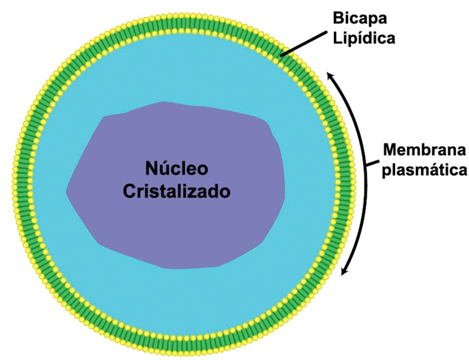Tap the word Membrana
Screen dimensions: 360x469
tap(424, 149)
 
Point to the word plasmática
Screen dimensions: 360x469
tap(425, 170)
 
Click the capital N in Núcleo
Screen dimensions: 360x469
tap(152, 167)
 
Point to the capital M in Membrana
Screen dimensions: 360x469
tap(390, 149)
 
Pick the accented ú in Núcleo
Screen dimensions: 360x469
tap(165, 167)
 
